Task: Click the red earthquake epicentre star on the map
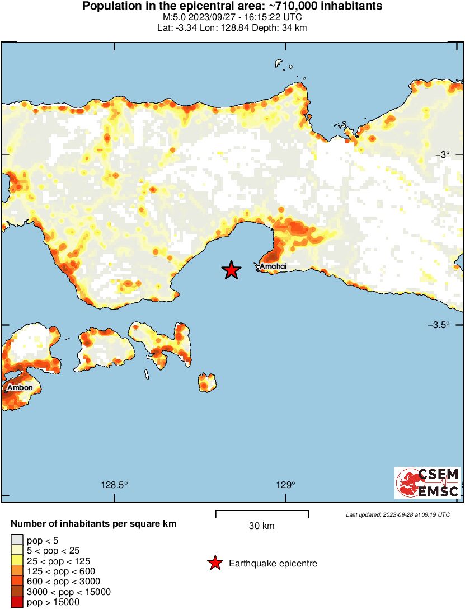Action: [231, 270]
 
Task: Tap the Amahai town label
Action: [273, 266]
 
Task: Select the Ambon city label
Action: [20, 387]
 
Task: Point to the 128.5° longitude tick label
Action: [115, 485]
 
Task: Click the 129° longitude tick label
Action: [285, 485]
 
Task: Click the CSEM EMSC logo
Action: [428, 482]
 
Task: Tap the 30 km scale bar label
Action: [261, 526]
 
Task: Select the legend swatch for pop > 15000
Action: [16, 602]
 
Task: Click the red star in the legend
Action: [215, 563]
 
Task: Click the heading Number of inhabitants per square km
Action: [94, 524]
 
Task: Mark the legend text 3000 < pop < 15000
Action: [69, 592]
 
